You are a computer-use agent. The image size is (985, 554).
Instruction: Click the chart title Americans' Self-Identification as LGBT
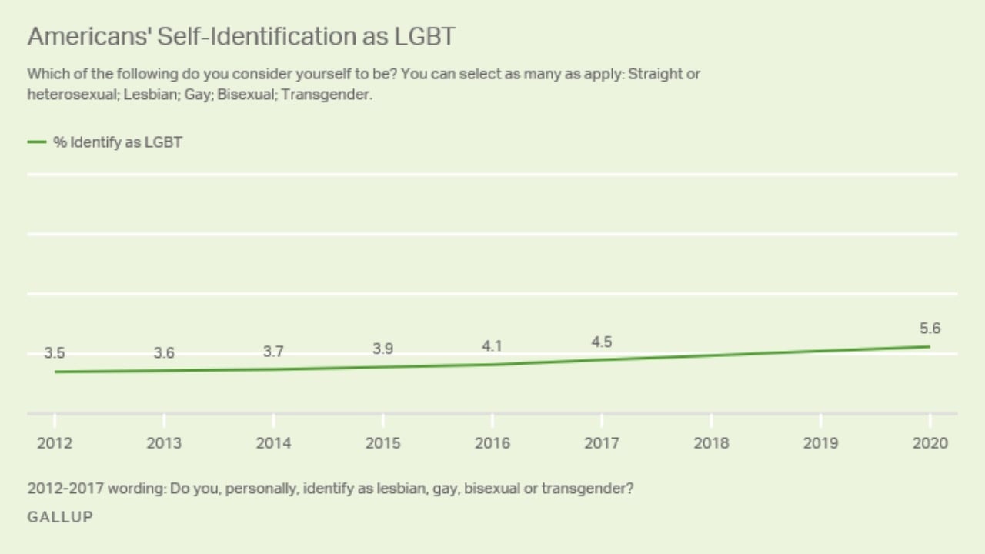pos(241,36)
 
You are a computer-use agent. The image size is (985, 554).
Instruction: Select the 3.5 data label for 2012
pos(54,353)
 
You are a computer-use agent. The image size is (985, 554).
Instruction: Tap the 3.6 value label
pos(164,353)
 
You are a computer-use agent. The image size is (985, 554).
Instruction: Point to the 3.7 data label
pos(273,352)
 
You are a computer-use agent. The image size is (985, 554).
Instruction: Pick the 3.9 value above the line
pos(382,349)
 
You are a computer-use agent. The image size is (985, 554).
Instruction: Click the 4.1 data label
pos(492,346)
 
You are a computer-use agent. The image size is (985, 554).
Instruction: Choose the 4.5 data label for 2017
pos(601,342)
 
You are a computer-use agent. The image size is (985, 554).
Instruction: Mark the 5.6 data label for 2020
pos(930,329)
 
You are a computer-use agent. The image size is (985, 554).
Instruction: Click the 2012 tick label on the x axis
pos(55,443)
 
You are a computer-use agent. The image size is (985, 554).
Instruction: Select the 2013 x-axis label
pos(164,443)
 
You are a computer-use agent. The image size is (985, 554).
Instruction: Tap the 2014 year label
pos(273,443)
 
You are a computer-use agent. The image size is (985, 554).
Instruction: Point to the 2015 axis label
pos(382,443)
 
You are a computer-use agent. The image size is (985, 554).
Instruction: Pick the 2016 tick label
pos(492,443)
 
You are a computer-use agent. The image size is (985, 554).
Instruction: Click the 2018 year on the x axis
pos(711,443)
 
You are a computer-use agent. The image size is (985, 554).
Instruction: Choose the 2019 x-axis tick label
pos(820,443)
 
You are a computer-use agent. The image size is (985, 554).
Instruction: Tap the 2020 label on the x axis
pos(930,443)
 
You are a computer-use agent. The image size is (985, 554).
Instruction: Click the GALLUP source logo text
pos(60,517)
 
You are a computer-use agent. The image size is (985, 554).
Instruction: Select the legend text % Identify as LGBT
pos(117,142)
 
